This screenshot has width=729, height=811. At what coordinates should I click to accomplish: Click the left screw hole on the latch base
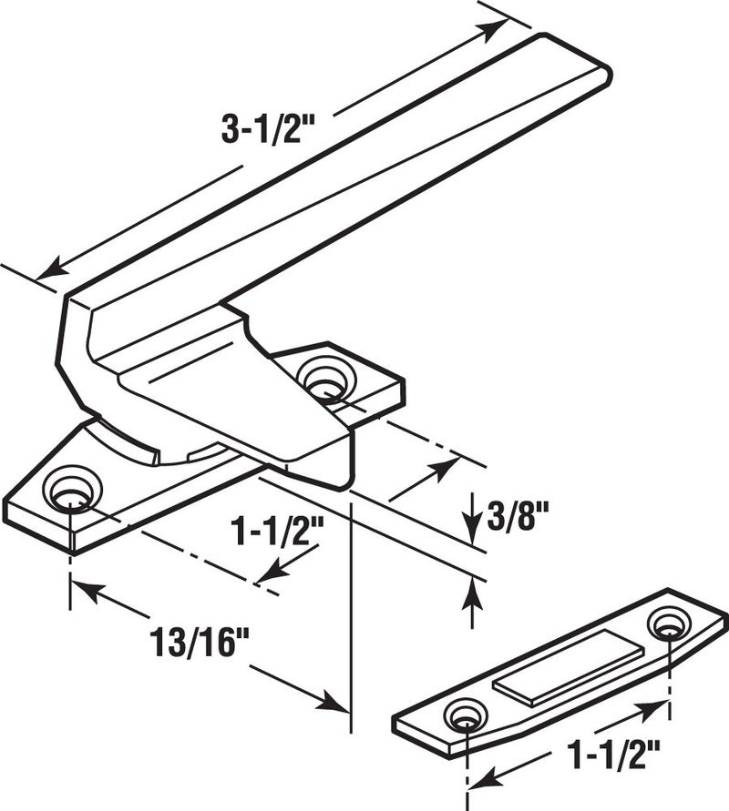click(69, 489)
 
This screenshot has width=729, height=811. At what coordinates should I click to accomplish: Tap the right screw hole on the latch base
click(323, 377)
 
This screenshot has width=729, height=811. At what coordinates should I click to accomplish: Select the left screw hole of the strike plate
click(465, 715)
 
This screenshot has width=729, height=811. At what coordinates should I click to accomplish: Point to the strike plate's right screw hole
click(668, 624)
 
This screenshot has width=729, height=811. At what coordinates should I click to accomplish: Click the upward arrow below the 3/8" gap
click(472, 593)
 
